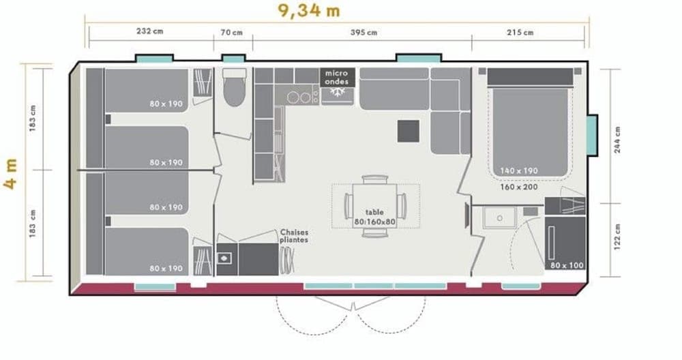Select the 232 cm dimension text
149,32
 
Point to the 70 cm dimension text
232,32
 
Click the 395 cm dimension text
364,32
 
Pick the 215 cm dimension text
520,32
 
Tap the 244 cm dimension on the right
617,140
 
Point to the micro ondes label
336,77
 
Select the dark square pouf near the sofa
409,130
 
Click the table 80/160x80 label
374,217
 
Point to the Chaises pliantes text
294,236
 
